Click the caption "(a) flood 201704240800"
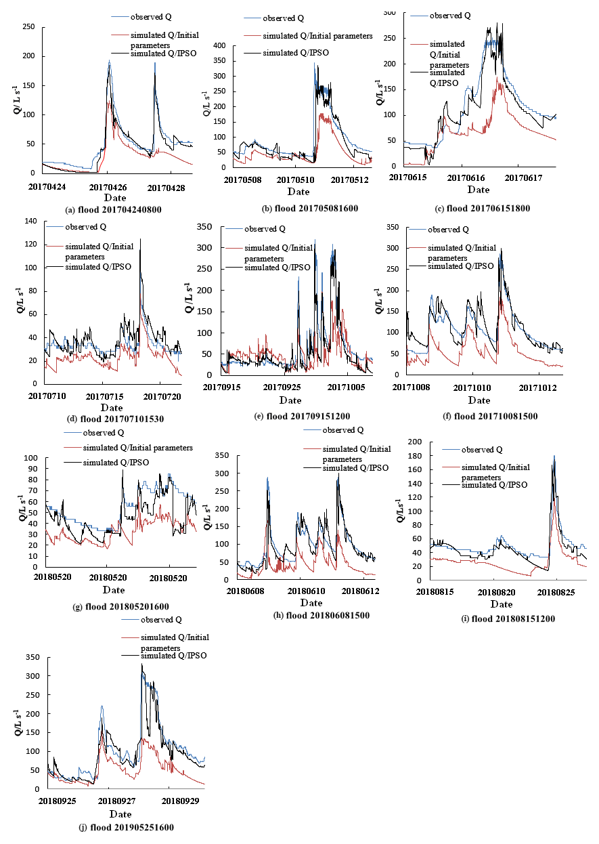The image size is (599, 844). tap(114, 210)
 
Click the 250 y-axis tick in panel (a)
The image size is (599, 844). tap(28, 26)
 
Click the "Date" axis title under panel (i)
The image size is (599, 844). tap(502, 604)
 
